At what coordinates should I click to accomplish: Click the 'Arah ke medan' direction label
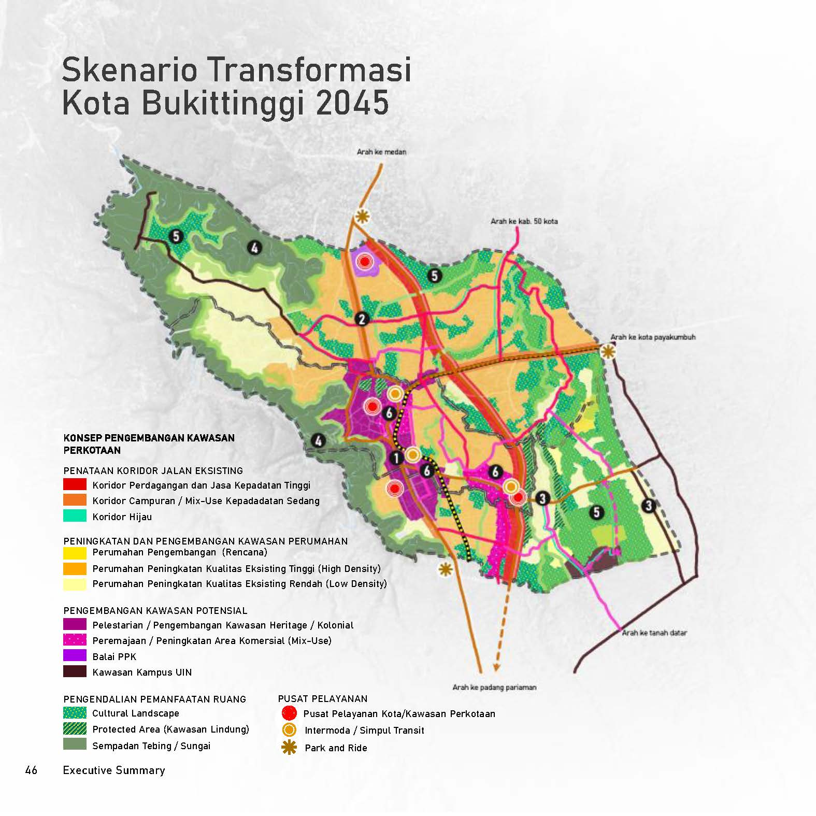[x=381, y=152]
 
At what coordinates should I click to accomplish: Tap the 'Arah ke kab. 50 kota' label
[x=524, y=221]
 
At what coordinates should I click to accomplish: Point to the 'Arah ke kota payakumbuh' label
[x=652, y=337]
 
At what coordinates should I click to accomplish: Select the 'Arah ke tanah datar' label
[x=654, y=633]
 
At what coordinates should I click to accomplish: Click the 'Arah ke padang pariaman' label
[x=494, y=688]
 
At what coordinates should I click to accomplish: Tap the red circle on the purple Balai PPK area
[x=365, y=262]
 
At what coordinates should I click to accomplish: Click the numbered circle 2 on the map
[x=362, y=319]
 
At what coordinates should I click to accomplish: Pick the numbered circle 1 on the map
[x=396, y=458]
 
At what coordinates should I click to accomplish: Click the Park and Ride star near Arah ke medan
[x=362, y=217]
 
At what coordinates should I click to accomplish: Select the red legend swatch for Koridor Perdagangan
[x=75, y=485]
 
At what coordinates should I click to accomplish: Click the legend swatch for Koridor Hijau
[x=75, y=516]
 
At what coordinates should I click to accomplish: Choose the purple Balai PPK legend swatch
[x=75, y=656]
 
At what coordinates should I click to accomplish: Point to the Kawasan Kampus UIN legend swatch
[x=75, y=672]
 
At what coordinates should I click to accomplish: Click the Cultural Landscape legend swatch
[x=75, y=713]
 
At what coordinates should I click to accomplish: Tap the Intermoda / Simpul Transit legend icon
[x=289, y=730]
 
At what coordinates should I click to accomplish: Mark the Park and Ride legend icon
[x=289, y=748]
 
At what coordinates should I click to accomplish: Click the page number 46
[x=31, y=770]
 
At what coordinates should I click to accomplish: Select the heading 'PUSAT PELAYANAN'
[x=322, y=698]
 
